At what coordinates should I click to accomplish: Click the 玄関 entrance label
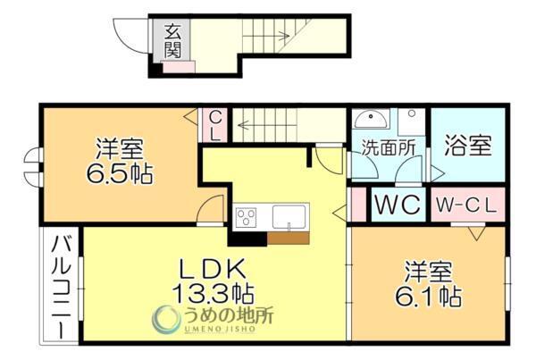(172, 40)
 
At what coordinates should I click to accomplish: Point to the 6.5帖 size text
(120, 171)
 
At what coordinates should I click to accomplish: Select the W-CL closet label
(465, 205)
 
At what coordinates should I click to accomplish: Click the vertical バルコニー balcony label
(61, 283)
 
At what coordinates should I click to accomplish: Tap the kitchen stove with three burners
(246, 216)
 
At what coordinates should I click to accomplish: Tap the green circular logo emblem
(167, 319)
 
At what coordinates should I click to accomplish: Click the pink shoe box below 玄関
(179, 65)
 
